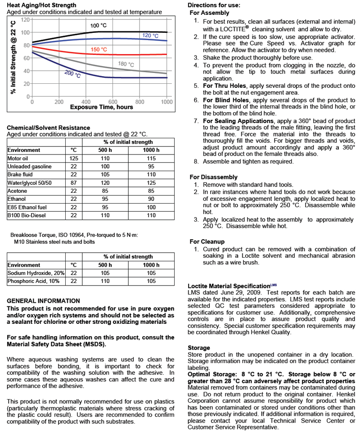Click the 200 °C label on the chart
point(72,74)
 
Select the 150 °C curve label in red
point(99,49)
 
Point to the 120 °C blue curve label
point(150,36)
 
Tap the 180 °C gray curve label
point(126,64)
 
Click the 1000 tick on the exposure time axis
point(166,102)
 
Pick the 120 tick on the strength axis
point(25,19)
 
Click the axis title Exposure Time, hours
point(101,107)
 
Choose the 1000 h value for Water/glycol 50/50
point(151,183)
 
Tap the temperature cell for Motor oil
point(74,158)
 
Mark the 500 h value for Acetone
point(105,191)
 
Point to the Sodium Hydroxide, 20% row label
point(36,273)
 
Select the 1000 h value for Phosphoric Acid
point(151,281)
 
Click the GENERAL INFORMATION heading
point(44,300)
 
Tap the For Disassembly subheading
point(213,177)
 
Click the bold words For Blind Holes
point(224,100)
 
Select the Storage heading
point(198,348)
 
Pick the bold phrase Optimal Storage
point(213,374)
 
